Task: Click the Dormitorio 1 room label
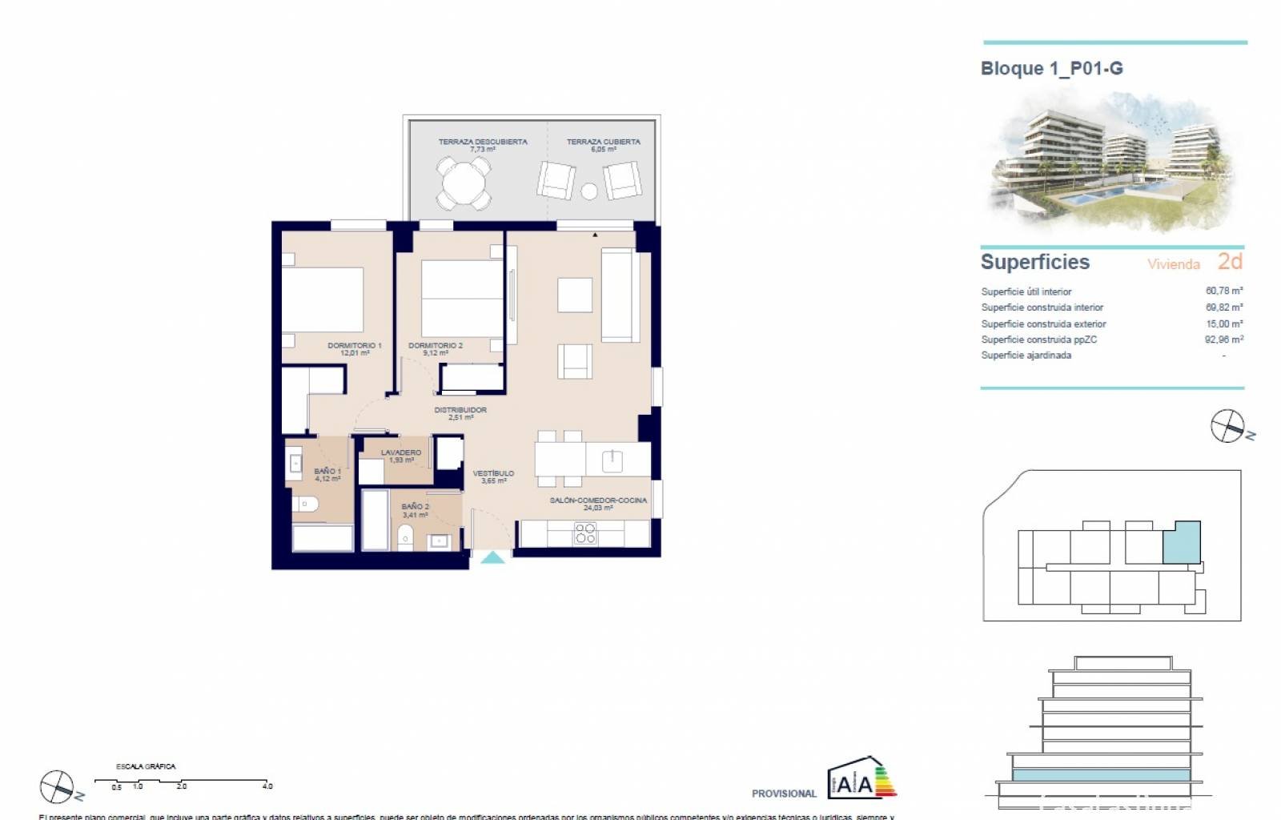354,348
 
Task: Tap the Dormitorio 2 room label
435,348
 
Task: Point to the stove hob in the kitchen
585,533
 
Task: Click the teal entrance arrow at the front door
492,557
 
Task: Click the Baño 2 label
415,510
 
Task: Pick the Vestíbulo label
493,476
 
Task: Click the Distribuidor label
460,412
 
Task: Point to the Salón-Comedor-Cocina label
597,503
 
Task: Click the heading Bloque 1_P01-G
1051,69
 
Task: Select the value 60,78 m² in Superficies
1223,291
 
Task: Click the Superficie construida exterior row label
1043,324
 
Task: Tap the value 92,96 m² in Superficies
1223,340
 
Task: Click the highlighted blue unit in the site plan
1182,541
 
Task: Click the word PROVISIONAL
783,794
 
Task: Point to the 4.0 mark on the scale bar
267,786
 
